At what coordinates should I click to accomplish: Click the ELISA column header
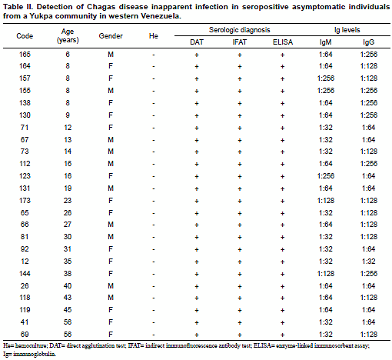(x=283, y=42)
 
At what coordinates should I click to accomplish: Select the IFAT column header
(x=240, y=42)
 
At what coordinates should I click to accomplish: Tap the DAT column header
(x=197, y=42)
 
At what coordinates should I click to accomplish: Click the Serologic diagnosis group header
(x=240, y=30)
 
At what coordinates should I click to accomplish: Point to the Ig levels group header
(x=347, y=30)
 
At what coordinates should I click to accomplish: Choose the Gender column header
(x=111, y=36)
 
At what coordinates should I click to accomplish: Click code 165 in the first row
(x=25, y=55)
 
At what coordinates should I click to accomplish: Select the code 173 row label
(x=25, y=201)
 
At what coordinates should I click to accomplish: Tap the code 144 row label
(x=25, y=274)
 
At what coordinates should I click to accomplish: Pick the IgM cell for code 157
(x=326, y=78)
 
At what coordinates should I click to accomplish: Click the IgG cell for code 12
(x=369, y=262)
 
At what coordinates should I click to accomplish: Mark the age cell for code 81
(x=68, y=237)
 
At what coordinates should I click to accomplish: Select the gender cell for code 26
(x=111, y=286)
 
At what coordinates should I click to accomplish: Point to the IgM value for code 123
(x=326, y=176)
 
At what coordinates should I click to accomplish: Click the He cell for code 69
(x=154, y=335)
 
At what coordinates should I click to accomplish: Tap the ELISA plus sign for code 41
(x=283, y=322)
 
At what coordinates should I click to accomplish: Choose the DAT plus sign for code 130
(x=197, y=115)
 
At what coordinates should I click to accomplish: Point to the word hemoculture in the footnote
(x=31, y=345)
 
